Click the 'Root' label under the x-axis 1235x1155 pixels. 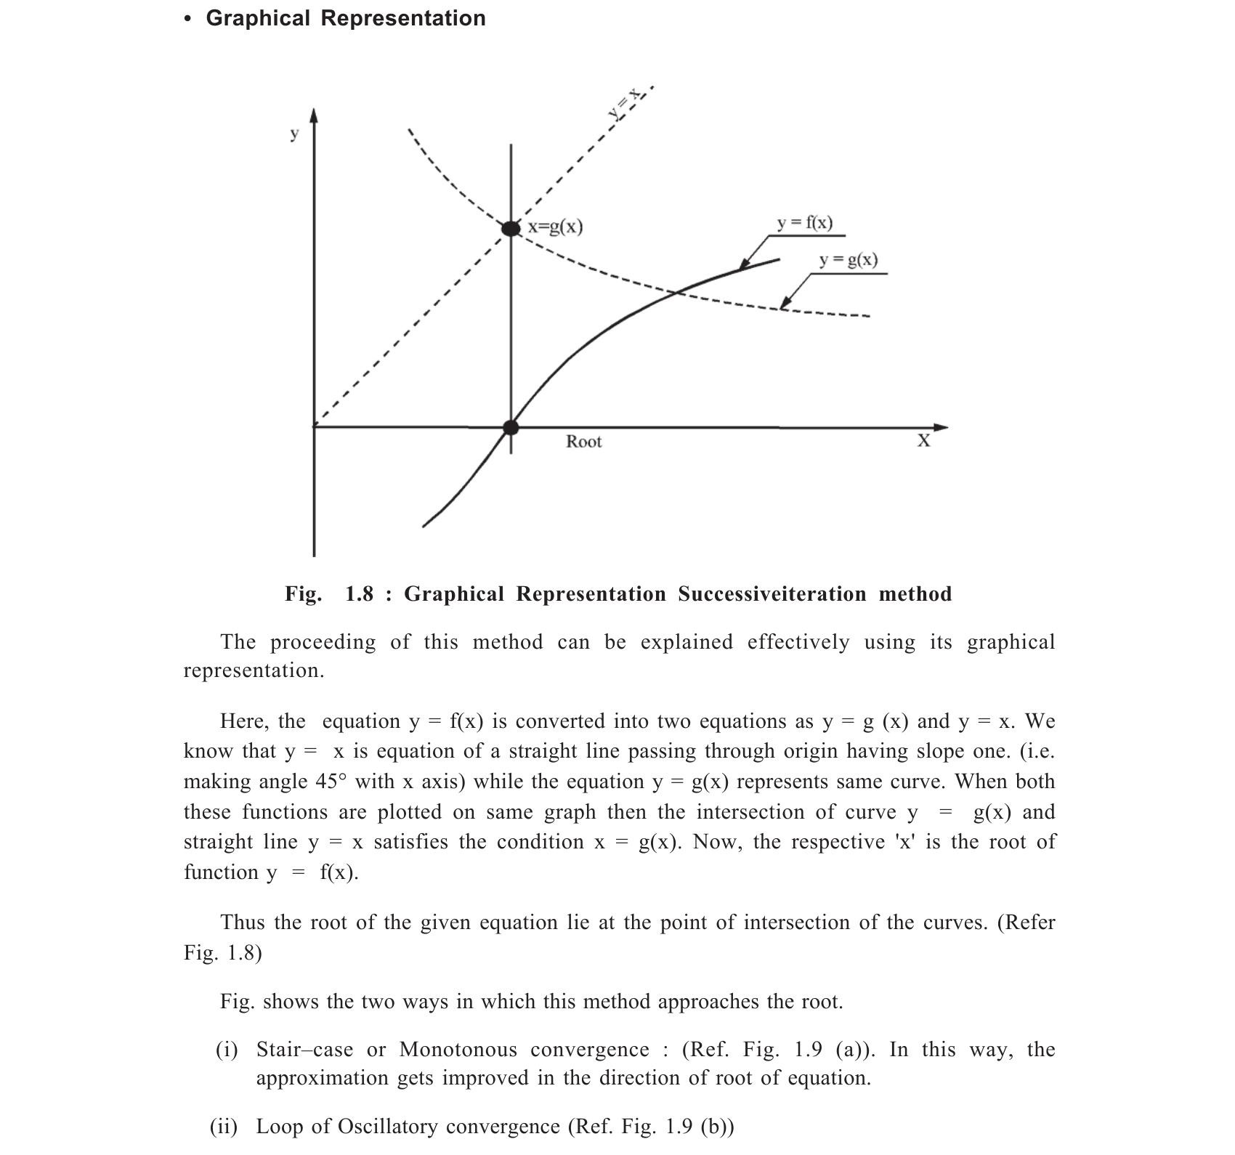583,442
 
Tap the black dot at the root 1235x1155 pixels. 511,427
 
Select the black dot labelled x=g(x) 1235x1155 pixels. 511,228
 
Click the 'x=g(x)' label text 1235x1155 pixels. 556,227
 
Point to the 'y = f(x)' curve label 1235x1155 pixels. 805,223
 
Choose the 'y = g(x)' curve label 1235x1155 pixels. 848,260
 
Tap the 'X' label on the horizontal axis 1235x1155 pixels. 923,441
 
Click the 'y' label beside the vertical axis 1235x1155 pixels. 294,134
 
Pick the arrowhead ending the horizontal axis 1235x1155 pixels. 940,427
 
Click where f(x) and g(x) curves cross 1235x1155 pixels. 676,293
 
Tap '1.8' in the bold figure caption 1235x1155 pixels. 359,594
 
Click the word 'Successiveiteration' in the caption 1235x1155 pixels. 772,594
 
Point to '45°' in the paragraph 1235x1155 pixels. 331,782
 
